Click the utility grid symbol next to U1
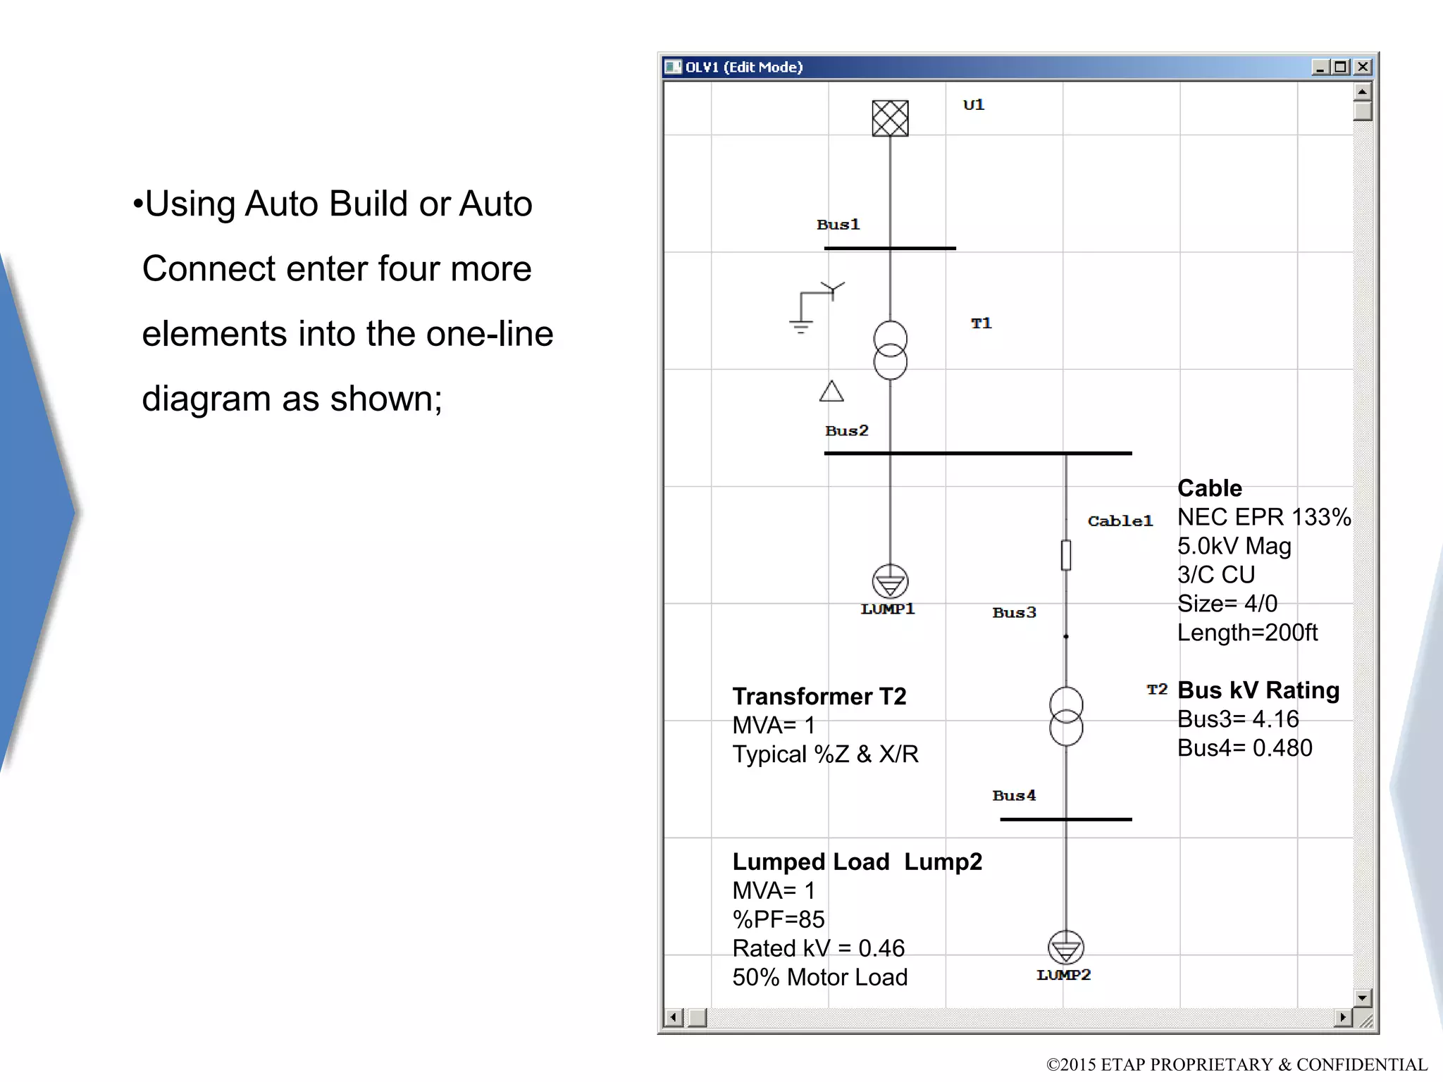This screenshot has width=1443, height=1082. pyautogui.click(x=890, y=118)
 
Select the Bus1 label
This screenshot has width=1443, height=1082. pyautogui.click(x=838, y=225)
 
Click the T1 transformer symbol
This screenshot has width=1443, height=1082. pyautogui.click(x=890, y=350)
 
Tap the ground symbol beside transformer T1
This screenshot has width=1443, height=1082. pyautogui.click(x=801, y=325)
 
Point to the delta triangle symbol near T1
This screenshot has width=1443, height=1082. pyautogui.click(x=831, y=392)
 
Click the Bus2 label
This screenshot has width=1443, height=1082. pyautogui.click(x=846, y=430)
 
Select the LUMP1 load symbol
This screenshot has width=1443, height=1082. pyautogui.click(x=890, y=582)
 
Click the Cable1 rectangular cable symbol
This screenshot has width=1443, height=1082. pyautogui.click(x=1065, y=555)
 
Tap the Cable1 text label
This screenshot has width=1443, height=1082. pyautogui.click(x=1120, y=521)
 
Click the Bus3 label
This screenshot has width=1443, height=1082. pyautogui.click(x=1014, y=613)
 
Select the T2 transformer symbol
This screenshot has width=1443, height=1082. pyautogui.click(x=1065, y=716)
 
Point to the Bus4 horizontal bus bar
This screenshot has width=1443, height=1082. pyautogui.click(x=1065, y=819)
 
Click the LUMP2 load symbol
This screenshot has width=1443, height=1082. pyautogui.click(x=1065, y=948)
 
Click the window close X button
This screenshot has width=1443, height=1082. pyautogui.click(x=1363, y=67)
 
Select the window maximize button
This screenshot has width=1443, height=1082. pyautogui.click(x=1341, y=67)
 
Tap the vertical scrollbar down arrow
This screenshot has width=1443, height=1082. pyautogui.click(x=1362, y=997)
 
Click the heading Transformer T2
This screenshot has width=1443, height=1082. pyautogui.click(x=819, y=697)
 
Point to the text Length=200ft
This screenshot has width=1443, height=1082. pyautogui.click(x=1246, y=633)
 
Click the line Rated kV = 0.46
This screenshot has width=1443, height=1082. pyautogui.click(x=818, y=949)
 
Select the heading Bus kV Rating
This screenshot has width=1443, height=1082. pyautogui.click(x=1258, y=690)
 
